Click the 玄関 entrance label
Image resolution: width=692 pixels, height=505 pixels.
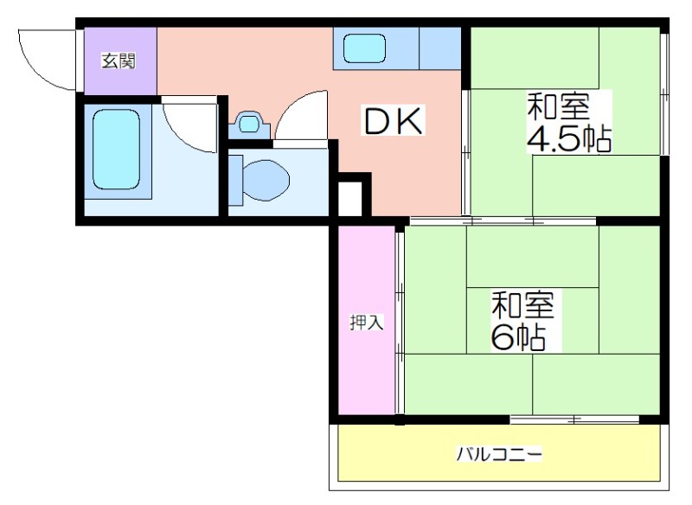tap(119, 61)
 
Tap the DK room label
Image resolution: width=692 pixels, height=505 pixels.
tap(393, 120)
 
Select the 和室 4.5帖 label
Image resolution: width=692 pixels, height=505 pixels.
tap(569, 122)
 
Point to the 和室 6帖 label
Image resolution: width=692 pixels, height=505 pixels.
tap(522, 321)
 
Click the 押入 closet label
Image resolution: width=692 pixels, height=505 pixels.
tap(366, 323)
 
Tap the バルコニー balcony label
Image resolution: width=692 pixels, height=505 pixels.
tap(499, 454)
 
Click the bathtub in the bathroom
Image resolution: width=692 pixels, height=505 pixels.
tap(117, 150)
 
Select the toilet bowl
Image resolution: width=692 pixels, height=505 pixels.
tap(266, 180)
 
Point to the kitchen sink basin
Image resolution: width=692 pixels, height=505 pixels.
tap(364, 48)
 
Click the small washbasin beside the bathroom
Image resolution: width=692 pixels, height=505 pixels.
tap(249, 125)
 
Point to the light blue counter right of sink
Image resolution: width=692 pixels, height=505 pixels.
tap(440, 48)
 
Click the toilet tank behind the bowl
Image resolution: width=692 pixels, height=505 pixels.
tap(235, 180)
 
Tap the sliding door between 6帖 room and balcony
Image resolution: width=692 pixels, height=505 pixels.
tap(574, 419)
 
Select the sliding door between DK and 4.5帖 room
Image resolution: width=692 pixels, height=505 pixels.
tap(466, 152)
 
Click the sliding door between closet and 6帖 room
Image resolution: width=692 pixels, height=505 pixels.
tap(400, 323)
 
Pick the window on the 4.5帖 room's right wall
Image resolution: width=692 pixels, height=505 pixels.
tap(664, 94)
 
